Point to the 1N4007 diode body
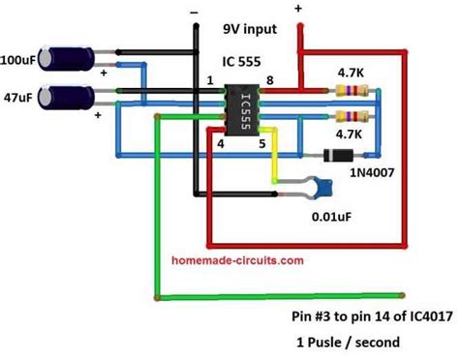[x=335, y=154]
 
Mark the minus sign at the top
[x=195, y=13]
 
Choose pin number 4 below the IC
[x=221, y=144]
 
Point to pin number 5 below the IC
[x=260, y=144]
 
